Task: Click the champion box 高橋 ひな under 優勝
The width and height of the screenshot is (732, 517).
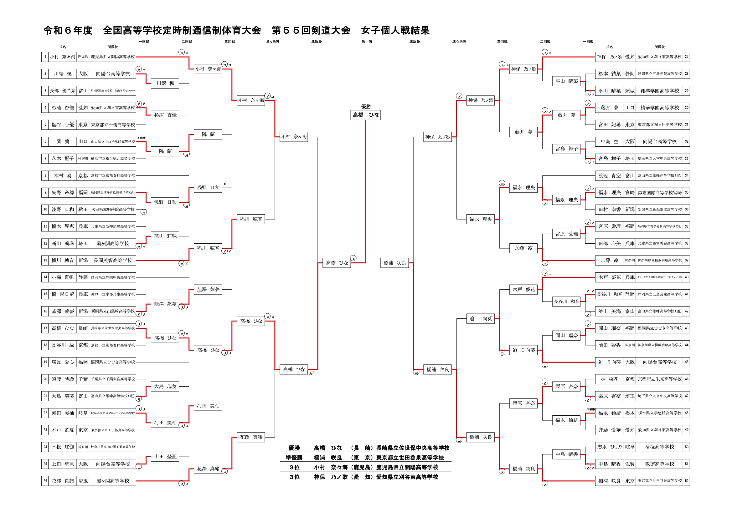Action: tap(366, 115)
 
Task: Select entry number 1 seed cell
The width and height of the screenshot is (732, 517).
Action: tap(45, 57)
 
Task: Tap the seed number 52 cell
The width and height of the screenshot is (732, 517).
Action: tap(686, 481)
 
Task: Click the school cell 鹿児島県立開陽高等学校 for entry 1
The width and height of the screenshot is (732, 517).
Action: tap(112, 57)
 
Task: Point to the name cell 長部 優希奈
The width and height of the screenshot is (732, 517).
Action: tap(63, 91)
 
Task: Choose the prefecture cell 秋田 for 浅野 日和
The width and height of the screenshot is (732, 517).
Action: tap(83, 210)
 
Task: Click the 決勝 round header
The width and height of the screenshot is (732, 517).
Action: tap(367, 42)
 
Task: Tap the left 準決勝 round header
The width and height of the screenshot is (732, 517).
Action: tap(316, 42)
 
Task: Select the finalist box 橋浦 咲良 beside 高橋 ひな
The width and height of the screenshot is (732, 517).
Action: tap(395, 263)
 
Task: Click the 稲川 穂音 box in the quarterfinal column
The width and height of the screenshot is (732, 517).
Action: tap(251, 219)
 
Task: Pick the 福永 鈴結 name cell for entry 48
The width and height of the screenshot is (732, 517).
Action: tap(609, 413)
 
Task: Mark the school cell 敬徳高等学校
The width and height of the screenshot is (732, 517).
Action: tap(659, 464)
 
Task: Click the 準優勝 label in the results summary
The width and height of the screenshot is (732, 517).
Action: tap(294, 458)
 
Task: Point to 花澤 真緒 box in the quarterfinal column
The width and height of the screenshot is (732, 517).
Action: tap(251, 437)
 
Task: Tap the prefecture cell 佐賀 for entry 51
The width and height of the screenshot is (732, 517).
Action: tap(630, 464)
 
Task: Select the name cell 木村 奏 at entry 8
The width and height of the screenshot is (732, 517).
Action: tap(63, 175)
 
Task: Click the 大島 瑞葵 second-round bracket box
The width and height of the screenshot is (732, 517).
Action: tap(165, 387)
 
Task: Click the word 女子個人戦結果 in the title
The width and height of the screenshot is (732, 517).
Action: tap(395, 31)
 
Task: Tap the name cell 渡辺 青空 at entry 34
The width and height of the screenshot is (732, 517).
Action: tap(609, 175)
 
